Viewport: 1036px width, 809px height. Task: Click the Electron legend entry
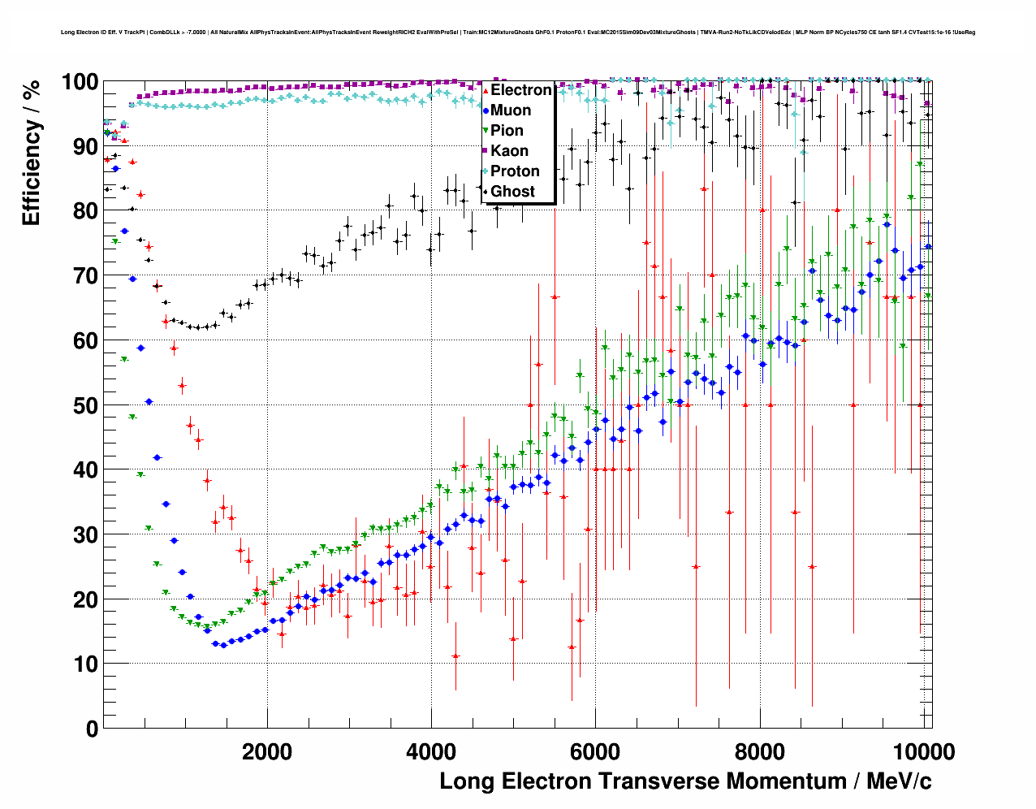point(520,90)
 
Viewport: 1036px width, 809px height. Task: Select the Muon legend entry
point(510,110)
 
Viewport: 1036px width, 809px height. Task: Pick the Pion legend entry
point(507,131)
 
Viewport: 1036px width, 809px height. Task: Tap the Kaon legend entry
point(509,151)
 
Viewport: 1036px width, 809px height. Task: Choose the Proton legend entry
point(515,171)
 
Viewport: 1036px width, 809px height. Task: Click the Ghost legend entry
point(512,192)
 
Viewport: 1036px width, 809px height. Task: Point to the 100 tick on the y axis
point(80,82)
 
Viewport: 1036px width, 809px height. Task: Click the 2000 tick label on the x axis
point(267,751)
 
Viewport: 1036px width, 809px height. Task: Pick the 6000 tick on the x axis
point(595,751)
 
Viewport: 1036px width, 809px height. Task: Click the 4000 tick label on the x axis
point(431,751)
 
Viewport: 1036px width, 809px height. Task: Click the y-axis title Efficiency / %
point(31,153)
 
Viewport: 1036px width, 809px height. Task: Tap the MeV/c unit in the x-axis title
point(899,781)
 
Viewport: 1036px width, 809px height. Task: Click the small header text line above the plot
point(518,32)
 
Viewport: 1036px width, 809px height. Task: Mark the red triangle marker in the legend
point(486,90)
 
